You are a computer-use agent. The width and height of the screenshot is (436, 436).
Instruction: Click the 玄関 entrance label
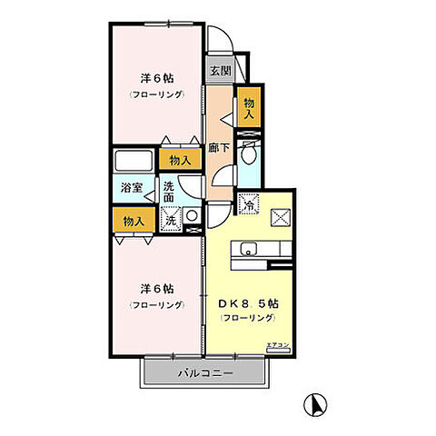[219, 70]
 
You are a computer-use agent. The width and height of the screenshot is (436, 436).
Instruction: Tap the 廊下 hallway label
[218, 146]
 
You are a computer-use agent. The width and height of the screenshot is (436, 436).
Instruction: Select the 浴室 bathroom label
[132, 188]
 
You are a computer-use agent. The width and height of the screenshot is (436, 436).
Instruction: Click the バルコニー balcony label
[205, 373]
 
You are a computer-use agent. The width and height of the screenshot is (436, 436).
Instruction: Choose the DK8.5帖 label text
[248, 303]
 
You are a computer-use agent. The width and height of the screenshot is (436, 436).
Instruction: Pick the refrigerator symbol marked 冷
[247, 204]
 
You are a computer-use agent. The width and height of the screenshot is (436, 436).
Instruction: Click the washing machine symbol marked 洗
[170, 218]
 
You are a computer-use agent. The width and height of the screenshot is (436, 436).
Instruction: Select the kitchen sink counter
[253, 251]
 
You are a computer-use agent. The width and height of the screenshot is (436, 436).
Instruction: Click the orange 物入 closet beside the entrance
[248, 105]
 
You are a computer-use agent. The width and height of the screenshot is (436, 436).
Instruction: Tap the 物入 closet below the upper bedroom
[181, 160]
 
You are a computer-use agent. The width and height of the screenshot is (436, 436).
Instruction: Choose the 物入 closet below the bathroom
[134, 221]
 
